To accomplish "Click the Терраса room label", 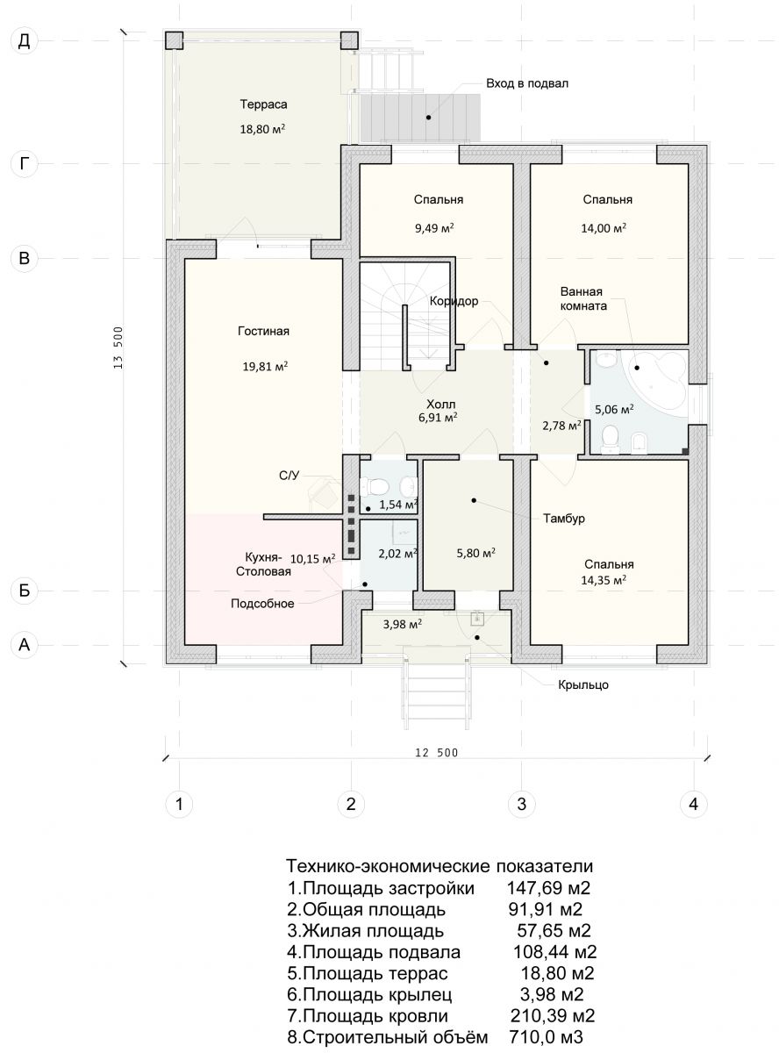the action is [263, 104].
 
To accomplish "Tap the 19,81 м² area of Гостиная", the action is [265, 366].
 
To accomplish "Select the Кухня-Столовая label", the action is [263, 564].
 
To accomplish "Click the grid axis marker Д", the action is [24, 41].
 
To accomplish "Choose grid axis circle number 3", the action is [522, 805].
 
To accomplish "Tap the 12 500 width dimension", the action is [436, 753].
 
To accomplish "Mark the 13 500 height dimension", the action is [118, 347].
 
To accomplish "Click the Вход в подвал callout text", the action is [527, 83].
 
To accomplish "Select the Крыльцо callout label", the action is [583, 685].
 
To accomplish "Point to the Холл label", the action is [440, 404].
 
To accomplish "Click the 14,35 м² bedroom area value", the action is [604, 580].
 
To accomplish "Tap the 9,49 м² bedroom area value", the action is [434, 228].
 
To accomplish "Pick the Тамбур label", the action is [564, 518].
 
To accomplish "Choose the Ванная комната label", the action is [583, 298].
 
